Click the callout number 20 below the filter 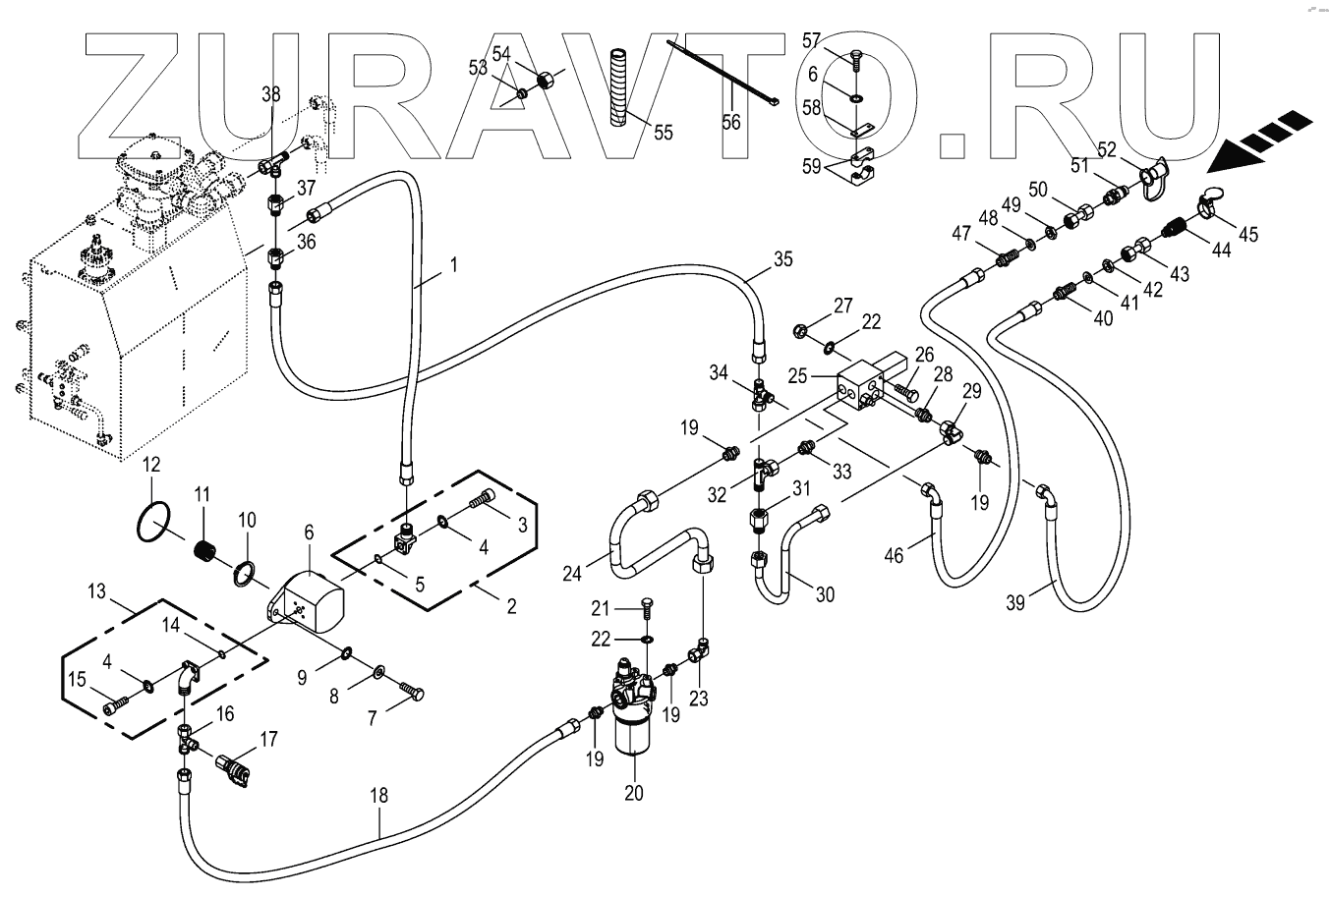click(634, 793)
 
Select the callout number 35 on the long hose click(782, 261)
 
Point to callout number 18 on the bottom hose click(378, 796)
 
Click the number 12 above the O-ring click(150, 464)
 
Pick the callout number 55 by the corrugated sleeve click(664, 133)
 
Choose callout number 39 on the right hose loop click(1015, 602)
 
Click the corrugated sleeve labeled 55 click(618, 88)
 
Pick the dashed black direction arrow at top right click(1263, 140)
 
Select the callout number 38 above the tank click(271, 95)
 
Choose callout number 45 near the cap click(1247, 236)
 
